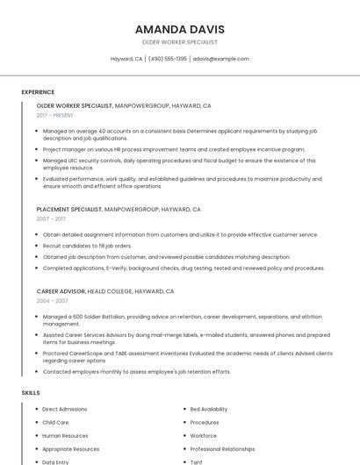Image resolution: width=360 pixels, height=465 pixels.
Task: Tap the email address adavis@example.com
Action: click(x=221, y=59)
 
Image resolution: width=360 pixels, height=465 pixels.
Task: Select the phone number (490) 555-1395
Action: click(x=167, y=59)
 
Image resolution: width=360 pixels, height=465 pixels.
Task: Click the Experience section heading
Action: click(x=38, y=92)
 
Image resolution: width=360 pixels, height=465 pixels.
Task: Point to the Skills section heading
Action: click(x=31, y=393)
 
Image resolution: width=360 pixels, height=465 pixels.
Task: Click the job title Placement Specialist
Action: click(x=69, y=210)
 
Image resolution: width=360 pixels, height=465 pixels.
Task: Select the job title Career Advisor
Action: click(x=61, y=290)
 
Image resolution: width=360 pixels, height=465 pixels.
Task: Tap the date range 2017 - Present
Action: click(x=55, y=115)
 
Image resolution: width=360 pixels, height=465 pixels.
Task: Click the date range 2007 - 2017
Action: click(x=51, y=219)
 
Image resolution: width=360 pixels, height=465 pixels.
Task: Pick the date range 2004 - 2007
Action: click(x=52, y=300)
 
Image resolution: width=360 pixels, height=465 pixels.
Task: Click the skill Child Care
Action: click(x=55, y=422)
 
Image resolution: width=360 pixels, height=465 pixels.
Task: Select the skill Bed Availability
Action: click(x=209, y=409)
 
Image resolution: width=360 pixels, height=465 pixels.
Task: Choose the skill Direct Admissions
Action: click(x=64, y=409)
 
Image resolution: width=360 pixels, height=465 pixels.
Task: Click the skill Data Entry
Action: click(x=55, y=461)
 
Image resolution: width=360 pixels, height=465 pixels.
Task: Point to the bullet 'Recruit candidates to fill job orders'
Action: click(x=88, y=246)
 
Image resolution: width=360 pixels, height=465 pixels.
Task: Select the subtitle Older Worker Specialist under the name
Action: click(x=179, y=42)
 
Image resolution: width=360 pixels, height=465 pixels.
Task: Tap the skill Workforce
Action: click(x=203, y=435)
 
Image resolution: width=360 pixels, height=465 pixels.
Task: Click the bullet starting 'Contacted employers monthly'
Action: click(x=136, y=371)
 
